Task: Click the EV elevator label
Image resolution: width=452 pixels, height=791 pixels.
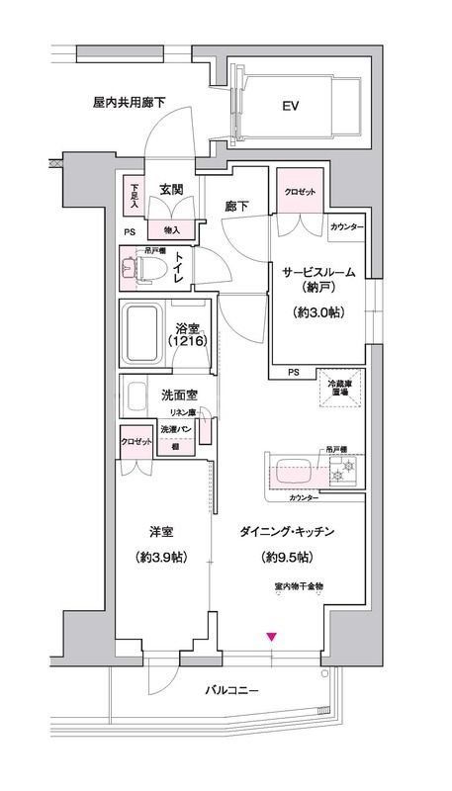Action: (290, 106)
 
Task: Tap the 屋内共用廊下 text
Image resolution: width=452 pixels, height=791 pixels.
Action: (129, 101)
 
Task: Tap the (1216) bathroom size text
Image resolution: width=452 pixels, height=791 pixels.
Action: (188, 341)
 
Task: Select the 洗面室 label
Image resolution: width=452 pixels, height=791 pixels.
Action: (179, 395)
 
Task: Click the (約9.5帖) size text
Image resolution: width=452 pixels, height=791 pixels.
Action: (287, 556)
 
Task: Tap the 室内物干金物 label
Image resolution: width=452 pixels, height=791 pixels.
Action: (299, 587)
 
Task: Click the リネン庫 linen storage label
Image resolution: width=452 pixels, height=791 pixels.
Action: (180, 412)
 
